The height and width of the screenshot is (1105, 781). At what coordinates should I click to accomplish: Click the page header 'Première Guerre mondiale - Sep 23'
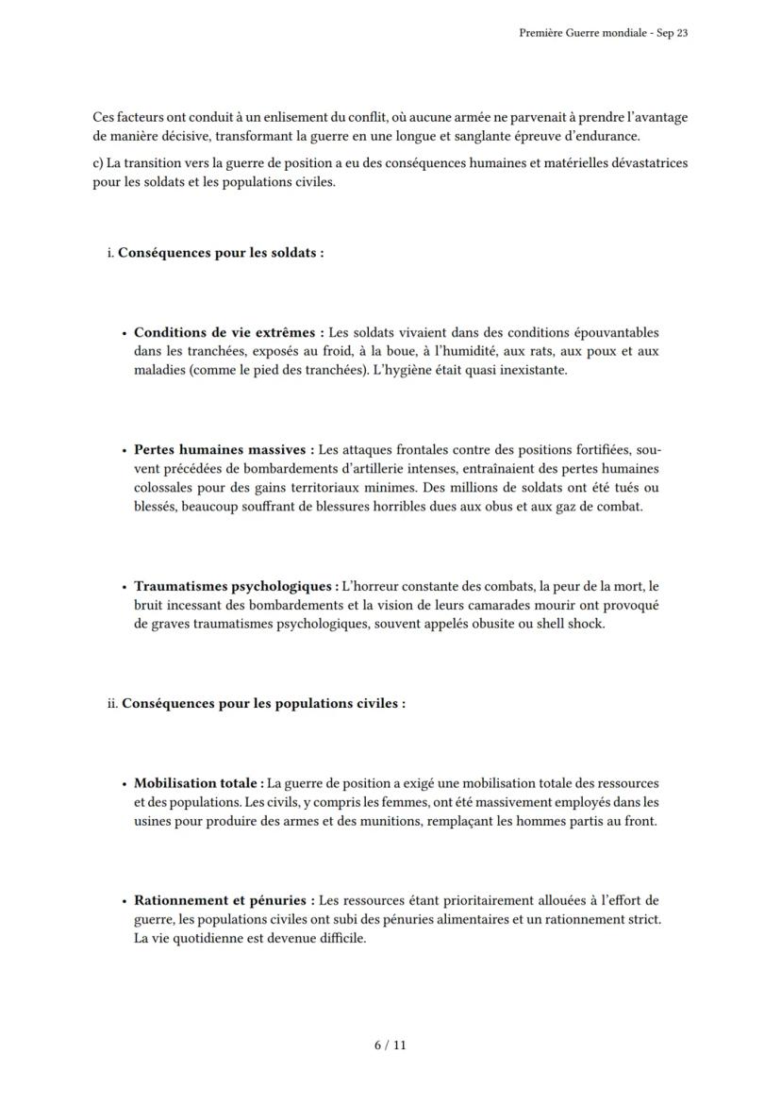click(603, 33)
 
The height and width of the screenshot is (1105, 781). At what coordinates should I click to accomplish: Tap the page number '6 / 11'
click(390, 1045)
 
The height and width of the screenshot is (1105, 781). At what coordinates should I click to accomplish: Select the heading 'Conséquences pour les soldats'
click(221, 254)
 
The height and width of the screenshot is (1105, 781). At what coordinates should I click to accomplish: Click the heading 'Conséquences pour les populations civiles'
click(263, 704)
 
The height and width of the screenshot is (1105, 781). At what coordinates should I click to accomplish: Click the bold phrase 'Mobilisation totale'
click(198, 783)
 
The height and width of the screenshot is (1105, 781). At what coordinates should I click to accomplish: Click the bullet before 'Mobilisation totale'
click(124, 784)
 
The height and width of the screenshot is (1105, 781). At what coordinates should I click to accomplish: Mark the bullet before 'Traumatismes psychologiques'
click(124, 587)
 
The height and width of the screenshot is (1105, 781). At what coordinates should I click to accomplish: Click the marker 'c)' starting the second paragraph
click(98, 163)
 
